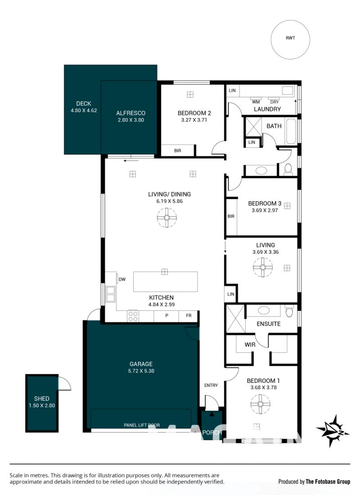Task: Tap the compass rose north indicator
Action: [x=333, y=431]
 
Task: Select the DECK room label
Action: [x=84, y=104]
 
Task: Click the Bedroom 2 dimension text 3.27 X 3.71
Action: [x=194, y=120]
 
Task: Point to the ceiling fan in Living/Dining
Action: [x=166, y=217]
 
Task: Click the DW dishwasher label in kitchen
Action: [x=122, y=279]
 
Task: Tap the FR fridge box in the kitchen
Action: [x=189, y=316]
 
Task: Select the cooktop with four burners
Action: [x=133, y=316]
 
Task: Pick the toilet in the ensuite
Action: [x=289, y=311]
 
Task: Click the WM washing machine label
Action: [x=256, y=102]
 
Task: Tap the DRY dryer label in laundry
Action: [x=274, y=102]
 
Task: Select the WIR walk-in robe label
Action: [x=250, y=345]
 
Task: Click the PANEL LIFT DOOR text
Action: [x=142, y=425]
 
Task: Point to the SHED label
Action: [x=42, y=399]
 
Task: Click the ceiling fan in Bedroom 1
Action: [x=260, y=404]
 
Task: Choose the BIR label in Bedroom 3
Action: [x=231, y=216]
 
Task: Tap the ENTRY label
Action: [x=211, y=385]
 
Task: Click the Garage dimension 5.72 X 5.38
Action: [x=141, y=371]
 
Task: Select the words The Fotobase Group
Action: [x=328, y=481]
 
